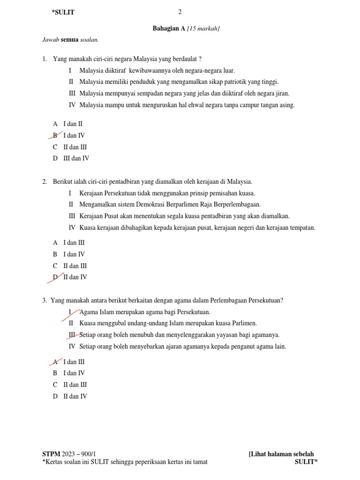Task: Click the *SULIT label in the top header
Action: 63,13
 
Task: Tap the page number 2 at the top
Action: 180,12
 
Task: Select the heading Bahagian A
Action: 169,29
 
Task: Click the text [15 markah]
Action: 203,29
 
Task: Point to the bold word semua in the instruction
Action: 69,40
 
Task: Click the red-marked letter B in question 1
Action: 55,135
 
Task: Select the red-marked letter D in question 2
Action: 55,277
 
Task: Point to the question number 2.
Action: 44,181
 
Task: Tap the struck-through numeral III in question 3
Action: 72,335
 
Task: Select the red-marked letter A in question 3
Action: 55,362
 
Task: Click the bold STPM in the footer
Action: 51,454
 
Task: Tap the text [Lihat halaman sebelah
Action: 281,454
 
